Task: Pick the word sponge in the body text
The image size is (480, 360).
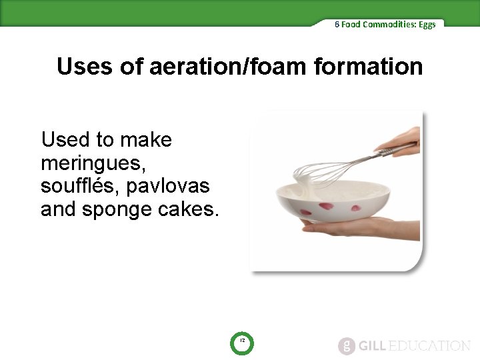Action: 114,209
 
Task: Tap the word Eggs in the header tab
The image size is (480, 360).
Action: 428,24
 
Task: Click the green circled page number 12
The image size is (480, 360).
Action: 243,342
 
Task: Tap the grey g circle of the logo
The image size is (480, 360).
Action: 347,345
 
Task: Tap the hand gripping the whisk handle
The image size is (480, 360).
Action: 400,141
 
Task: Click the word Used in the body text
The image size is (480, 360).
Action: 65,140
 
